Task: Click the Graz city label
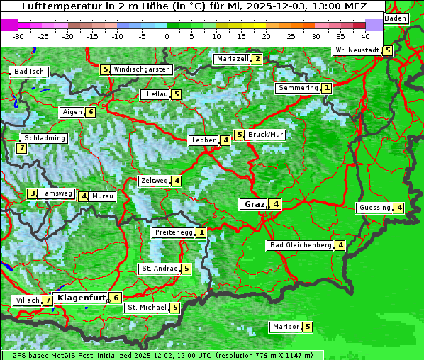[253, 204]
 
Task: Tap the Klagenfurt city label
[81, 298]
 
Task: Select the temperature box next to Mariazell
[257, 59]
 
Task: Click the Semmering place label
[298, 88]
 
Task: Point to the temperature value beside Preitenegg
[202, 232]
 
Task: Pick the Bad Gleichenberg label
[301, 245]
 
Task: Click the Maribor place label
[285, 327]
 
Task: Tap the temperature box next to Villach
[48, 300]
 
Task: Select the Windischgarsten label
[142, 69]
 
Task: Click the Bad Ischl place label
[30, 72]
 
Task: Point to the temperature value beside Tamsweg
[32, 193]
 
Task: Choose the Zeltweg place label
[154, 181]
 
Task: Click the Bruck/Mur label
[266, 135]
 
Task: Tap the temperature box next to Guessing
[400, 208]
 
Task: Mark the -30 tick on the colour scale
[18, 35]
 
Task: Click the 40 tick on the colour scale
[365, 35]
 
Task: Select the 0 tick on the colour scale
[167, 35]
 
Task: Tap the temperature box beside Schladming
[22, 148]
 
